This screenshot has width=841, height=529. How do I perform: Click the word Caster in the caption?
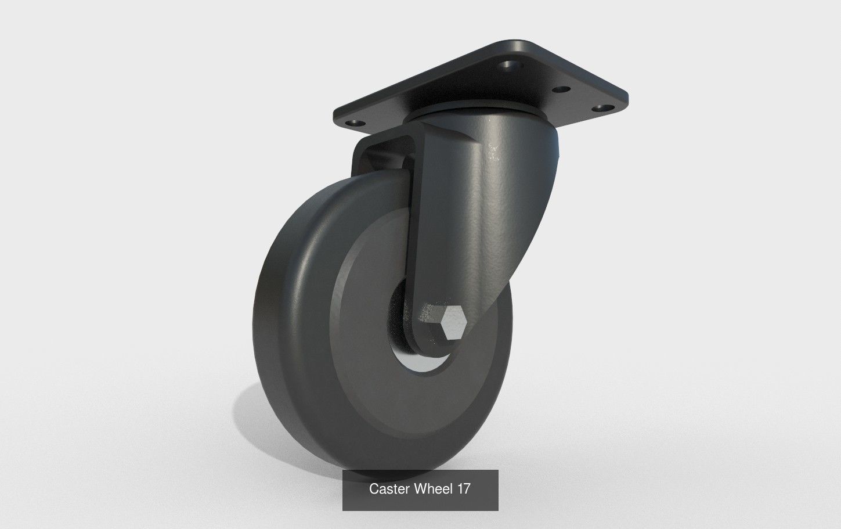[x=390, y=490]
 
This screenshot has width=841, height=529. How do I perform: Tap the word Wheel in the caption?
[x=434, y=490]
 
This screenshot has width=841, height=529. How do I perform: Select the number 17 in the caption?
[x=464, y=490]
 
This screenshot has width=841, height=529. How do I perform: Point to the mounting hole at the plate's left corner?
[x=352, y=123]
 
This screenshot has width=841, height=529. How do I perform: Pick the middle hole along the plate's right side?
[x=561, y=90]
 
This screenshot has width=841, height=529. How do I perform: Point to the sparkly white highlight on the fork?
[x=493, y=152]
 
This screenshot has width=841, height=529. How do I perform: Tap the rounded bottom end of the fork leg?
[x=432, y=343]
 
